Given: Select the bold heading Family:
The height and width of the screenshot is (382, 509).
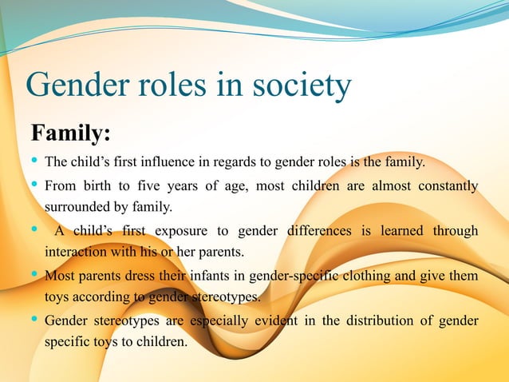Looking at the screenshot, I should (x=69, y=130).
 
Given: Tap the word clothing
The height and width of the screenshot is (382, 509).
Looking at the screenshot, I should (x=356, y=277).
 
